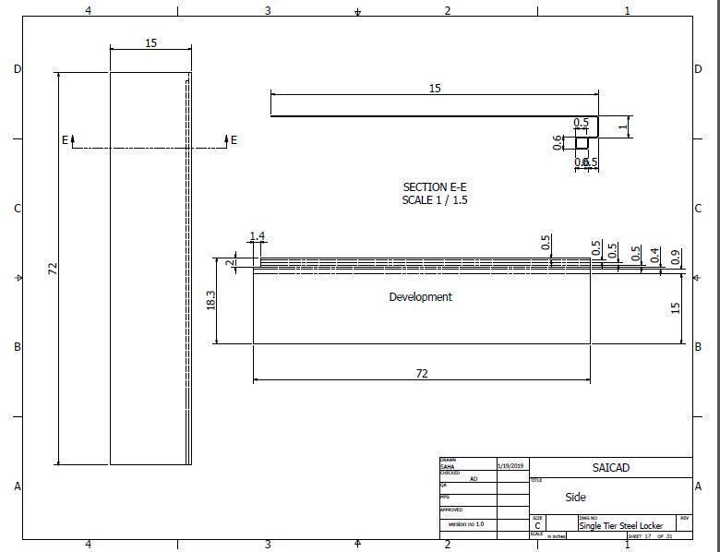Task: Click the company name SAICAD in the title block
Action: pyautogui.click(x=610, y=468)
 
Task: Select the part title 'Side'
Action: pyautogui.click(x=575, y=497)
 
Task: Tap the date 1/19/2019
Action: pyautogui.click(x=510, y=466)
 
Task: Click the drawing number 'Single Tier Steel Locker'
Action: pyautogui.click(x=620, y=525)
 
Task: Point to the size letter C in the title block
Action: pyautogui.click(x=537, y=525)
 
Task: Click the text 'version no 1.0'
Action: pyautogui.click(x=466, y=523)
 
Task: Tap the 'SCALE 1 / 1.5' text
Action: pyautogui.click(x=435, y=200)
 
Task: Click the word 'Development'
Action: pyautogui.click(x=420, y=297)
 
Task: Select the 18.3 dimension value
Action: pyautogui.click(x=211, y=301)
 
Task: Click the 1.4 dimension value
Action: pyautogui.click(x=257, y=237)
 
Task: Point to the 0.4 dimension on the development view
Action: pyautogui.click(x=655, y=255)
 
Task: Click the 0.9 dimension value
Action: pyautogui.click(x=676, y=258)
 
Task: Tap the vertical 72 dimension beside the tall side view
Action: pyautogui.click(x=53, y=269)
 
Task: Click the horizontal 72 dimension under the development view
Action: pyautogui.click(x=422, y=374)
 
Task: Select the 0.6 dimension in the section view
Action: pyautogui.click(x=558, y=142)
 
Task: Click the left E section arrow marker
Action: pyautogui.click(x=66, y=140)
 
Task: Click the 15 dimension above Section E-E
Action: pyautogui.click(x=435, y=89)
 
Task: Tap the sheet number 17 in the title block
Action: pyautogui.click(x=648, y=536)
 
